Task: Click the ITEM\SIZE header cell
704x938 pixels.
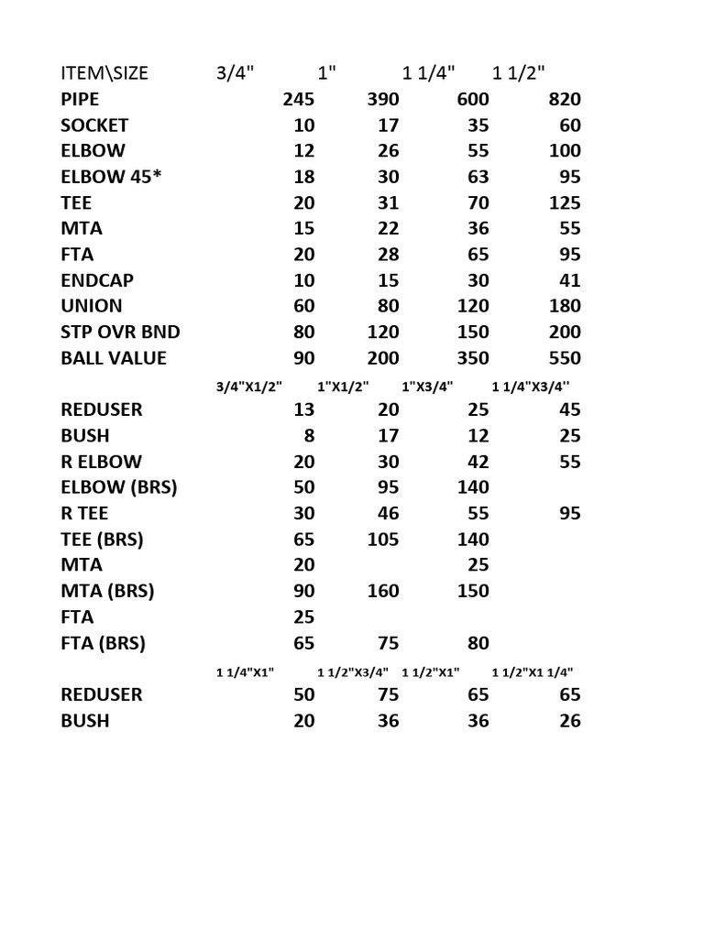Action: tap(104, 73)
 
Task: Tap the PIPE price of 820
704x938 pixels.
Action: tap(563, 99)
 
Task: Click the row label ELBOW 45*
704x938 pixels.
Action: tap(105, 177)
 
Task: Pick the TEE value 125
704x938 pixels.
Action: tap(563, 202)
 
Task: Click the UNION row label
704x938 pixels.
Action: tap(92, 306)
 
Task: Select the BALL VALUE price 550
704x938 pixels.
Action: tap(563, 358)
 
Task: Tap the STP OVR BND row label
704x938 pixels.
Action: tap(120, 332)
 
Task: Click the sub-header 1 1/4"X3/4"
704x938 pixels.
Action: tap(531, 386)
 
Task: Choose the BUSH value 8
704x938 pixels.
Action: tap(308, 436)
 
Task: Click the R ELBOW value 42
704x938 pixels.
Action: tap(478, 462)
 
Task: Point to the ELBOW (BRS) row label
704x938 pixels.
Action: tap(119, 487)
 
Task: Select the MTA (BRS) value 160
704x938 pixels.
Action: tap(383, 591)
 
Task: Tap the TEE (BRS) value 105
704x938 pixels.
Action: tap(383, 540)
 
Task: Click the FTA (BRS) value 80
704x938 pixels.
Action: tap(478, 643)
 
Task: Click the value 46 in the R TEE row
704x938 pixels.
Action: tap(388, 514)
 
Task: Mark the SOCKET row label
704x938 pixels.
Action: tap(94, 125)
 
